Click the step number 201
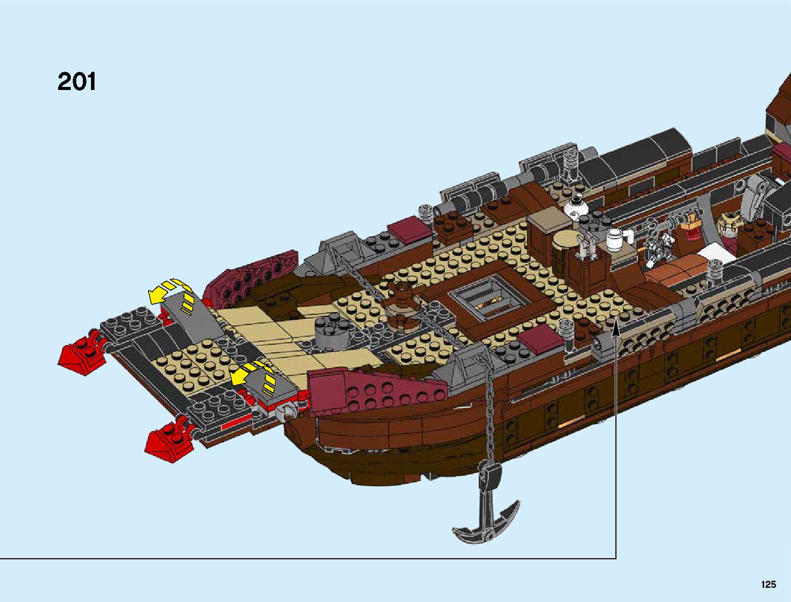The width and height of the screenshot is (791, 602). point(77,81)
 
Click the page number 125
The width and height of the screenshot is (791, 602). point(767,584)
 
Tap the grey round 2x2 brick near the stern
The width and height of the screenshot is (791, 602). point(328,334)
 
